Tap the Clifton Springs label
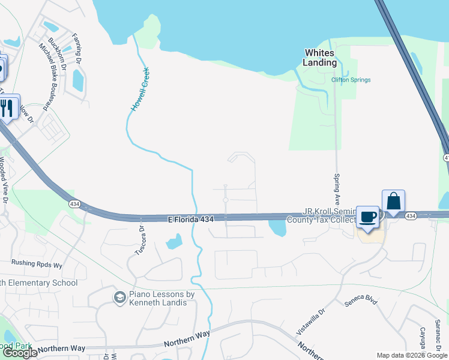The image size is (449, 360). tap(351, 80)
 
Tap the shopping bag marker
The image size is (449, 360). tap(393, 201)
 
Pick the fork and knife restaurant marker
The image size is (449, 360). tap(8, 107)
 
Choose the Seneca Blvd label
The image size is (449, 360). tap(360, 302)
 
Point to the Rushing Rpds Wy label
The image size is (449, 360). tap(37, 263)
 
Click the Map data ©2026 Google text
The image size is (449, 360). tap(411, 355)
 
